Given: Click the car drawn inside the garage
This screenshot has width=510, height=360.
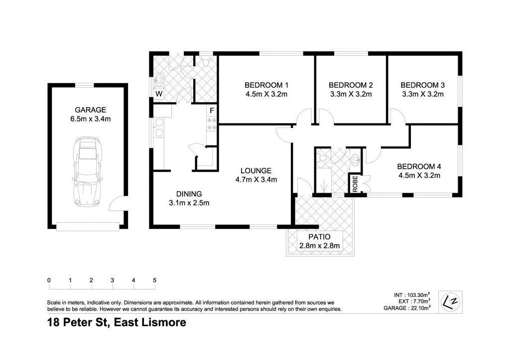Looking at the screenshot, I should pyautogui.click(x=87, y=172).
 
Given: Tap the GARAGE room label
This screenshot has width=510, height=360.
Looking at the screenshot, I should pyautogui.click(x=90, y=110).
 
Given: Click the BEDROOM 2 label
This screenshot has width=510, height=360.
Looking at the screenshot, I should pyautogui.click(x=351, y=85).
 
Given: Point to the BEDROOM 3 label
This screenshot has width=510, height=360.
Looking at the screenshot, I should pyautogui.click(x=422, y=85).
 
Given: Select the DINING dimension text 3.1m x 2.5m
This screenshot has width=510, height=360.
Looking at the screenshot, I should pyautogui.click(x=189, y=203).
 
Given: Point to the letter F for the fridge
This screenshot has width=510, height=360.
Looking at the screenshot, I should pyautogui.click(x=212, y=110).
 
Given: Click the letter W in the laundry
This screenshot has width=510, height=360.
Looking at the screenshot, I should pyautogui.click(x=159, y=94).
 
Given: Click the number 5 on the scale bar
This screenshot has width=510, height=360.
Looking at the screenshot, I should pyautogui.click(x=155, y=280).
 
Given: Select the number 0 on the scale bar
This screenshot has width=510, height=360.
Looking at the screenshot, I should pyautogui.click(x=49, y=280).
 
